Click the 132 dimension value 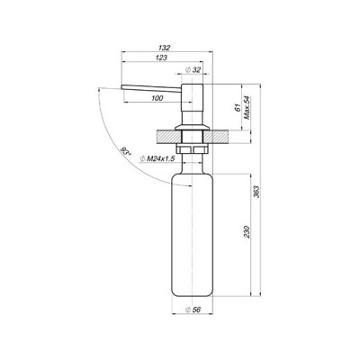click(x=165, y=48)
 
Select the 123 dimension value click(x=162, y=58)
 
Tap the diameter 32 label click(x=193, y=69)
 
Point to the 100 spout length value click(x=157, y=98)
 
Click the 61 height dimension click(x=238, y=108)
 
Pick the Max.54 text click(x=247, y=108)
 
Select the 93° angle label click(x=126, y=152)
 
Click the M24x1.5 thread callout click(x=157, y=158)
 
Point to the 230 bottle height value click(x=247, y=232)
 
